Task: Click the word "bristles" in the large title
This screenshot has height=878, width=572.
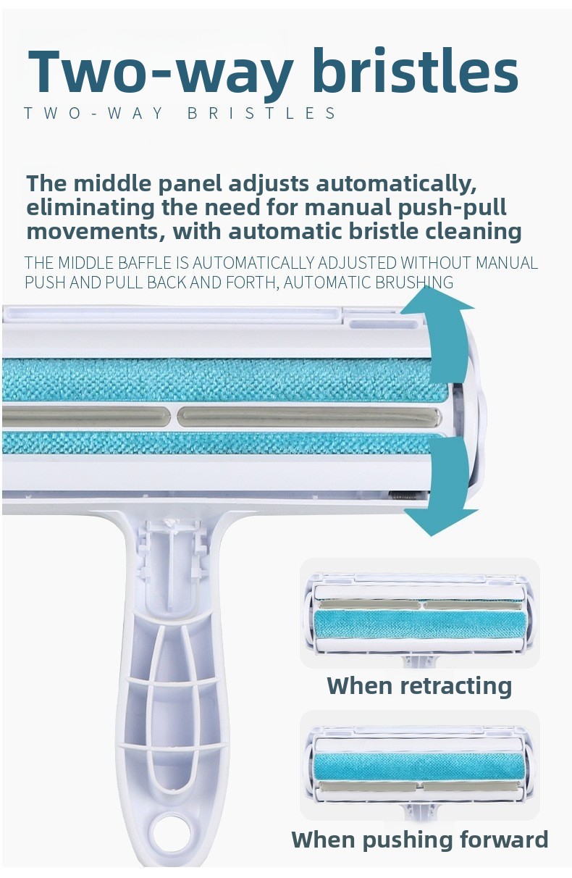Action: click(x=415, y=70)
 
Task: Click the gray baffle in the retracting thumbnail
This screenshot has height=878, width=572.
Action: click(x=420, y=605)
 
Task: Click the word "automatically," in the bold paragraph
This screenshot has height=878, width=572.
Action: click(x=396, y=184)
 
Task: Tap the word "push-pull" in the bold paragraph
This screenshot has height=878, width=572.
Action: click(x=452, y=208)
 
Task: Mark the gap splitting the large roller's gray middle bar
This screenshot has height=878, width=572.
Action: click(x=173, y=417)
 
